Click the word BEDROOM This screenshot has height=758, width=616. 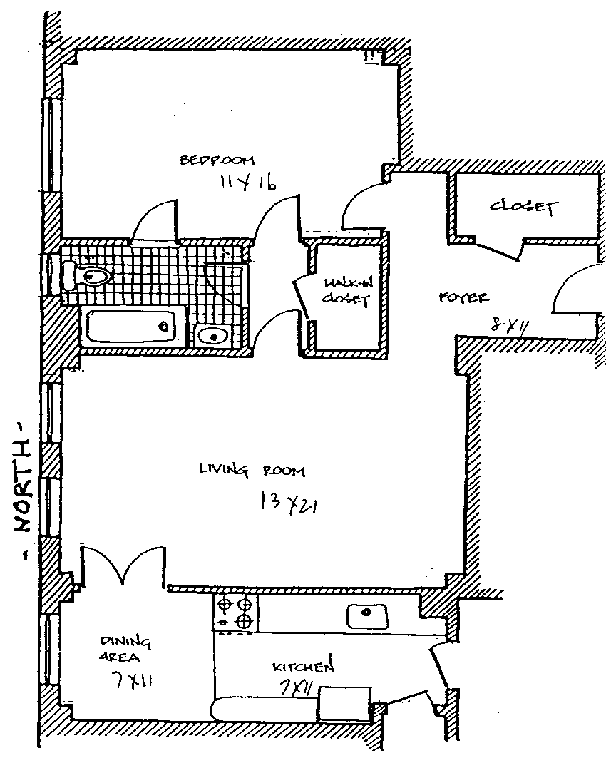click(x=217, y=160)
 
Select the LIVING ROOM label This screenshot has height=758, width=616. click(x=252, y=470)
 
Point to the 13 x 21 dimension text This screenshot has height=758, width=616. click(x=289, y=503)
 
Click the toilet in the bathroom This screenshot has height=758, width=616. click(x=86, y=275)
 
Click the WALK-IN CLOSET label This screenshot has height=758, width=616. click(x=345, y=292)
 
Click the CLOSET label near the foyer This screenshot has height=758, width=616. click(x=522, y=208)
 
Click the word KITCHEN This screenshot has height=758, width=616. click(x=303, y=667)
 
